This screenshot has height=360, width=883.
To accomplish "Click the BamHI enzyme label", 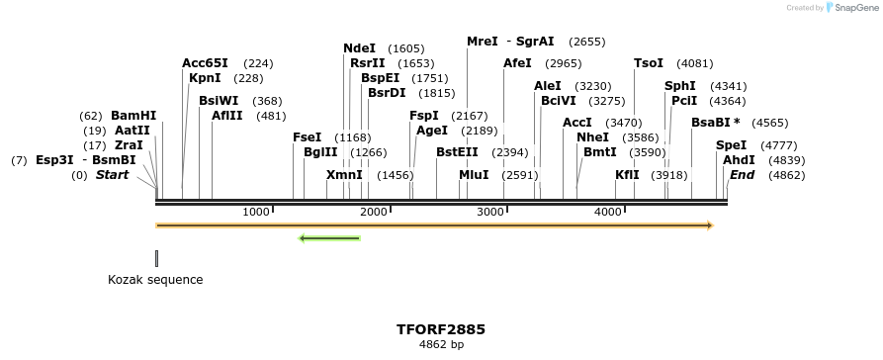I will tap(133, 116).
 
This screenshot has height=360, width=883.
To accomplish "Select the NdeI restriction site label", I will tap(359, 48).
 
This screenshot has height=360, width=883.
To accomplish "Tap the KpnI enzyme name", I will tap(205, 78).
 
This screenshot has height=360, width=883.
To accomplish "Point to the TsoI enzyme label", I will tap(649, 63).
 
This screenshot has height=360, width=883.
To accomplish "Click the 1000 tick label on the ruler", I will tap(256, 212).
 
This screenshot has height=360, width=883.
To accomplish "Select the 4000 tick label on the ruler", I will tap(607, 212).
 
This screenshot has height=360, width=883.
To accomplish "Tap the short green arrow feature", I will tap(329, 238).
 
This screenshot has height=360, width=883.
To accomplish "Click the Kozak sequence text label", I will tap(155, 280).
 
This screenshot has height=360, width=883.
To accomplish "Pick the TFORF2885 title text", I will tap(441, 329).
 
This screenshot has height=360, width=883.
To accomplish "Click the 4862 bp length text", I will tap(441, 345).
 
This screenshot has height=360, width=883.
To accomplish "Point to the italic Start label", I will tap(112, 175).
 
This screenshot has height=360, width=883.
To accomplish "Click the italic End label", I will tap(742, 175).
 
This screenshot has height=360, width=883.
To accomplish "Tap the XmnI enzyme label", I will tap(344, 175).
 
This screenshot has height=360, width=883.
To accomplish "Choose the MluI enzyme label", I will tap(474, 175).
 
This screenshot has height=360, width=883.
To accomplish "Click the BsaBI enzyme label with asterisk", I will tap(715, 123).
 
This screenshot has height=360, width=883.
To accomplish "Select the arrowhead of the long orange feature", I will tap(709, 225).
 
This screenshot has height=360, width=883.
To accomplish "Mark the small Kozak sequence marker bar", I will tap(156, 258).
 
